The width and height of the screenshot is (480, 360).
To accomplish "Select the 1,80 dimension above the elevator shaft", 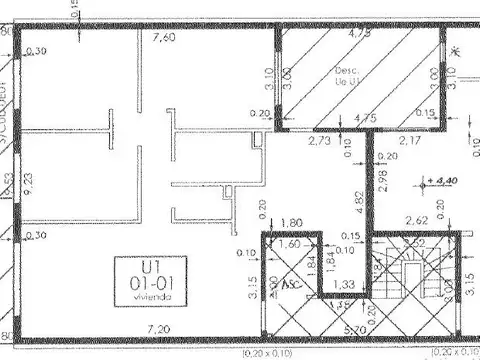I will click(x=292, y=223).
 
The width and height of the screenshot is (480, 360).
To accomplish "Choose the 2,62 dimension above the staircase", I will click(x=415, y=222).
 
